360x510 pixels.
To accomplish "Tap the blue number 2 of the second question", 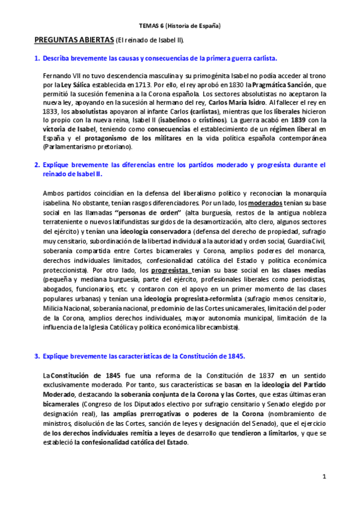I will click(37, 164).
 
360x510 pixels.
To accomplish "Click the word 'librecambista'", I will click(215, 327).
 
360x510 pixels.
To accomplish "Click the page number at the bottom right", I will click(323, 477).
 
